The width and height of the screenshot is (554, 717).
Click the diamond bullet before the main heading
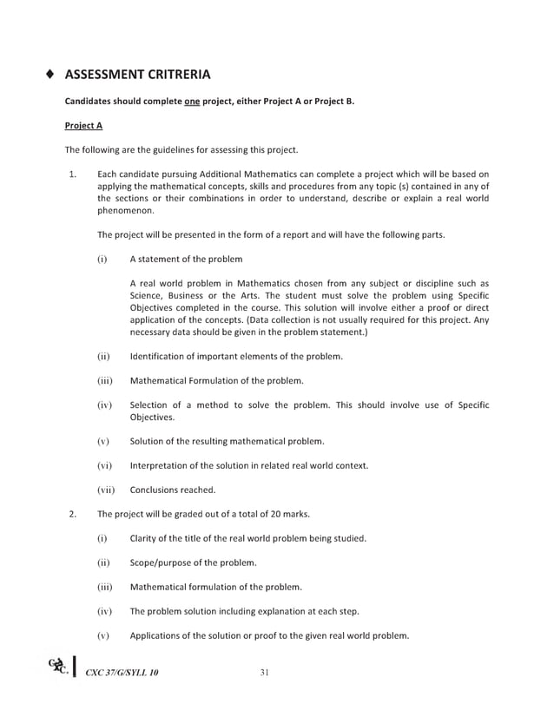[x=51, y=75]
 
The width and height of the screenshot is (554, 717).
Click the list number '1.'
[x=73, y=174]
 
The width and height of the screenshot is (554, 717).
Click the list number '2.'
[x=73, y=514]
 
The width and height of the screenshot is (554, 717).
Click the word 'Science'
[x=146, y=296]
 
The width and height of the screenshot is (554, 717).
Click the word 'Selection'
[x=150, y=405]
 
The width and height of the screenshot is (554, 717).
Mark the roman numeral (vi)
[x=104, y=466]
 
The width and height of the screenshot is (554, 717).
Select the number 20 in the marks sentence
[x=270, y=514]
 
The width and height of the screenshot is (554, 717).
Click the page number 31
[x=266, y=673]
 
